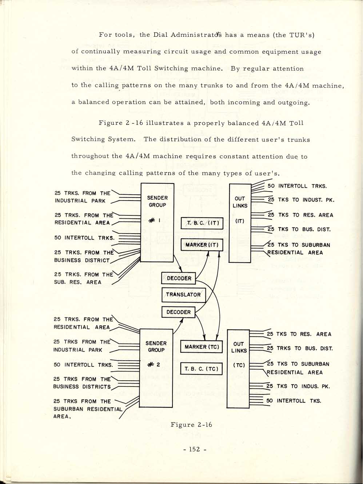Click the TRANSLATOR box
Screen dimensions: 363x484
[x=184, y=295]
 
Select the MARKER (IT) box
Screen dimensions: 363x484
[x=202, y=245]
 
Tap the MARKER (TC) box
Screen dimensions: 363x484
[x=202, y=347]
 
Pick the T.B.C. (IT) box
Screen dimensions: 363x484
[x=202, y=223]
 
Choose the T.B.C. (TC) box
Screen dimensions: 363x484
[x=201, y=369]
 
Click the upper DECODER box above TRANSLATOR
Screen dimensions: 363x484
[x=178, y=278]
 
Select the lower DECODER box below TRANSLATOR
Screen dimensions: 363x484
[x=178, y=312]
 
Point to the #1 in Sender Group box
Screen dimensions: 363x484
[x=154, y=220]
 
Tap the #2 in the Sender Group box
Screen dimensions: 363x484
[x=153, y=365]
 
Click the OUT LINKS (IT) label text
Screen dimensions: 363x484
[x=240, y=209]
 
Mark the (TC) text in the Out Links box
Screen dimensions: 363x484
[x=239, y=365]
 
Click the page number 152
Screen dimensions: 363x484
[x=194, y=449]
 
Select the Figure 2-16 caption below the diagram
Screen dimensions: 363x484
[x=191, y=425]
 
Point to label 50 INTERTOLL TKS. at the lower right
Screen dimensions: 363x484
[x=294, y=401]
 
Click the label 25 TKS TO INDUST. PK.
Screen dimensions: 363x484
[x=301, y=200]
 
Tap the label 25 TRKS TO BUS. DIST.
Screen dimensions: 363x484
[x=300, y=348]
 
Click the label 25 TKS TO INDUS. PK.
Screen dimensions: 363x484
[x=298, y=386]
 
